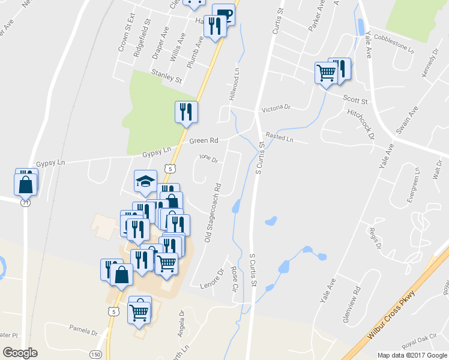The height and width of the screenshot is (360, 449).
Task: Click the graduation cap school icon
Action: tap(144, 181)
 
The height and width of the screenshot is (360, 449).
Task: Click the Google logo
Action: tap(20, 353)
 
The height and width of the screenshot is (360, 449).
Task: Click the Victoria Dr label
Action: tap(276, 109)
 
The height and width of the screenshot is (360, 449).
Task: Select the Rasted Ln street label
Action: tap(279, 139)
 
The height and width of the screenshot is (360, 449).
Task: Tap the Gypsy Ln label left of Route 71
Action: tap(49, 163)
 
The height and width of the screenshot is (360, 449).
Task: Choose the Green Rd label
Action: tap(203, 141)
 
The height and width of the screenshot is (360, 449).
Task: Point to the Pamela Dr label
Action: tap(83, 330)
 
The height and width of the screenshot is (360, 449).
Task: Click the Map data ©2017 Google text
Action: tap(411, 355)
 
